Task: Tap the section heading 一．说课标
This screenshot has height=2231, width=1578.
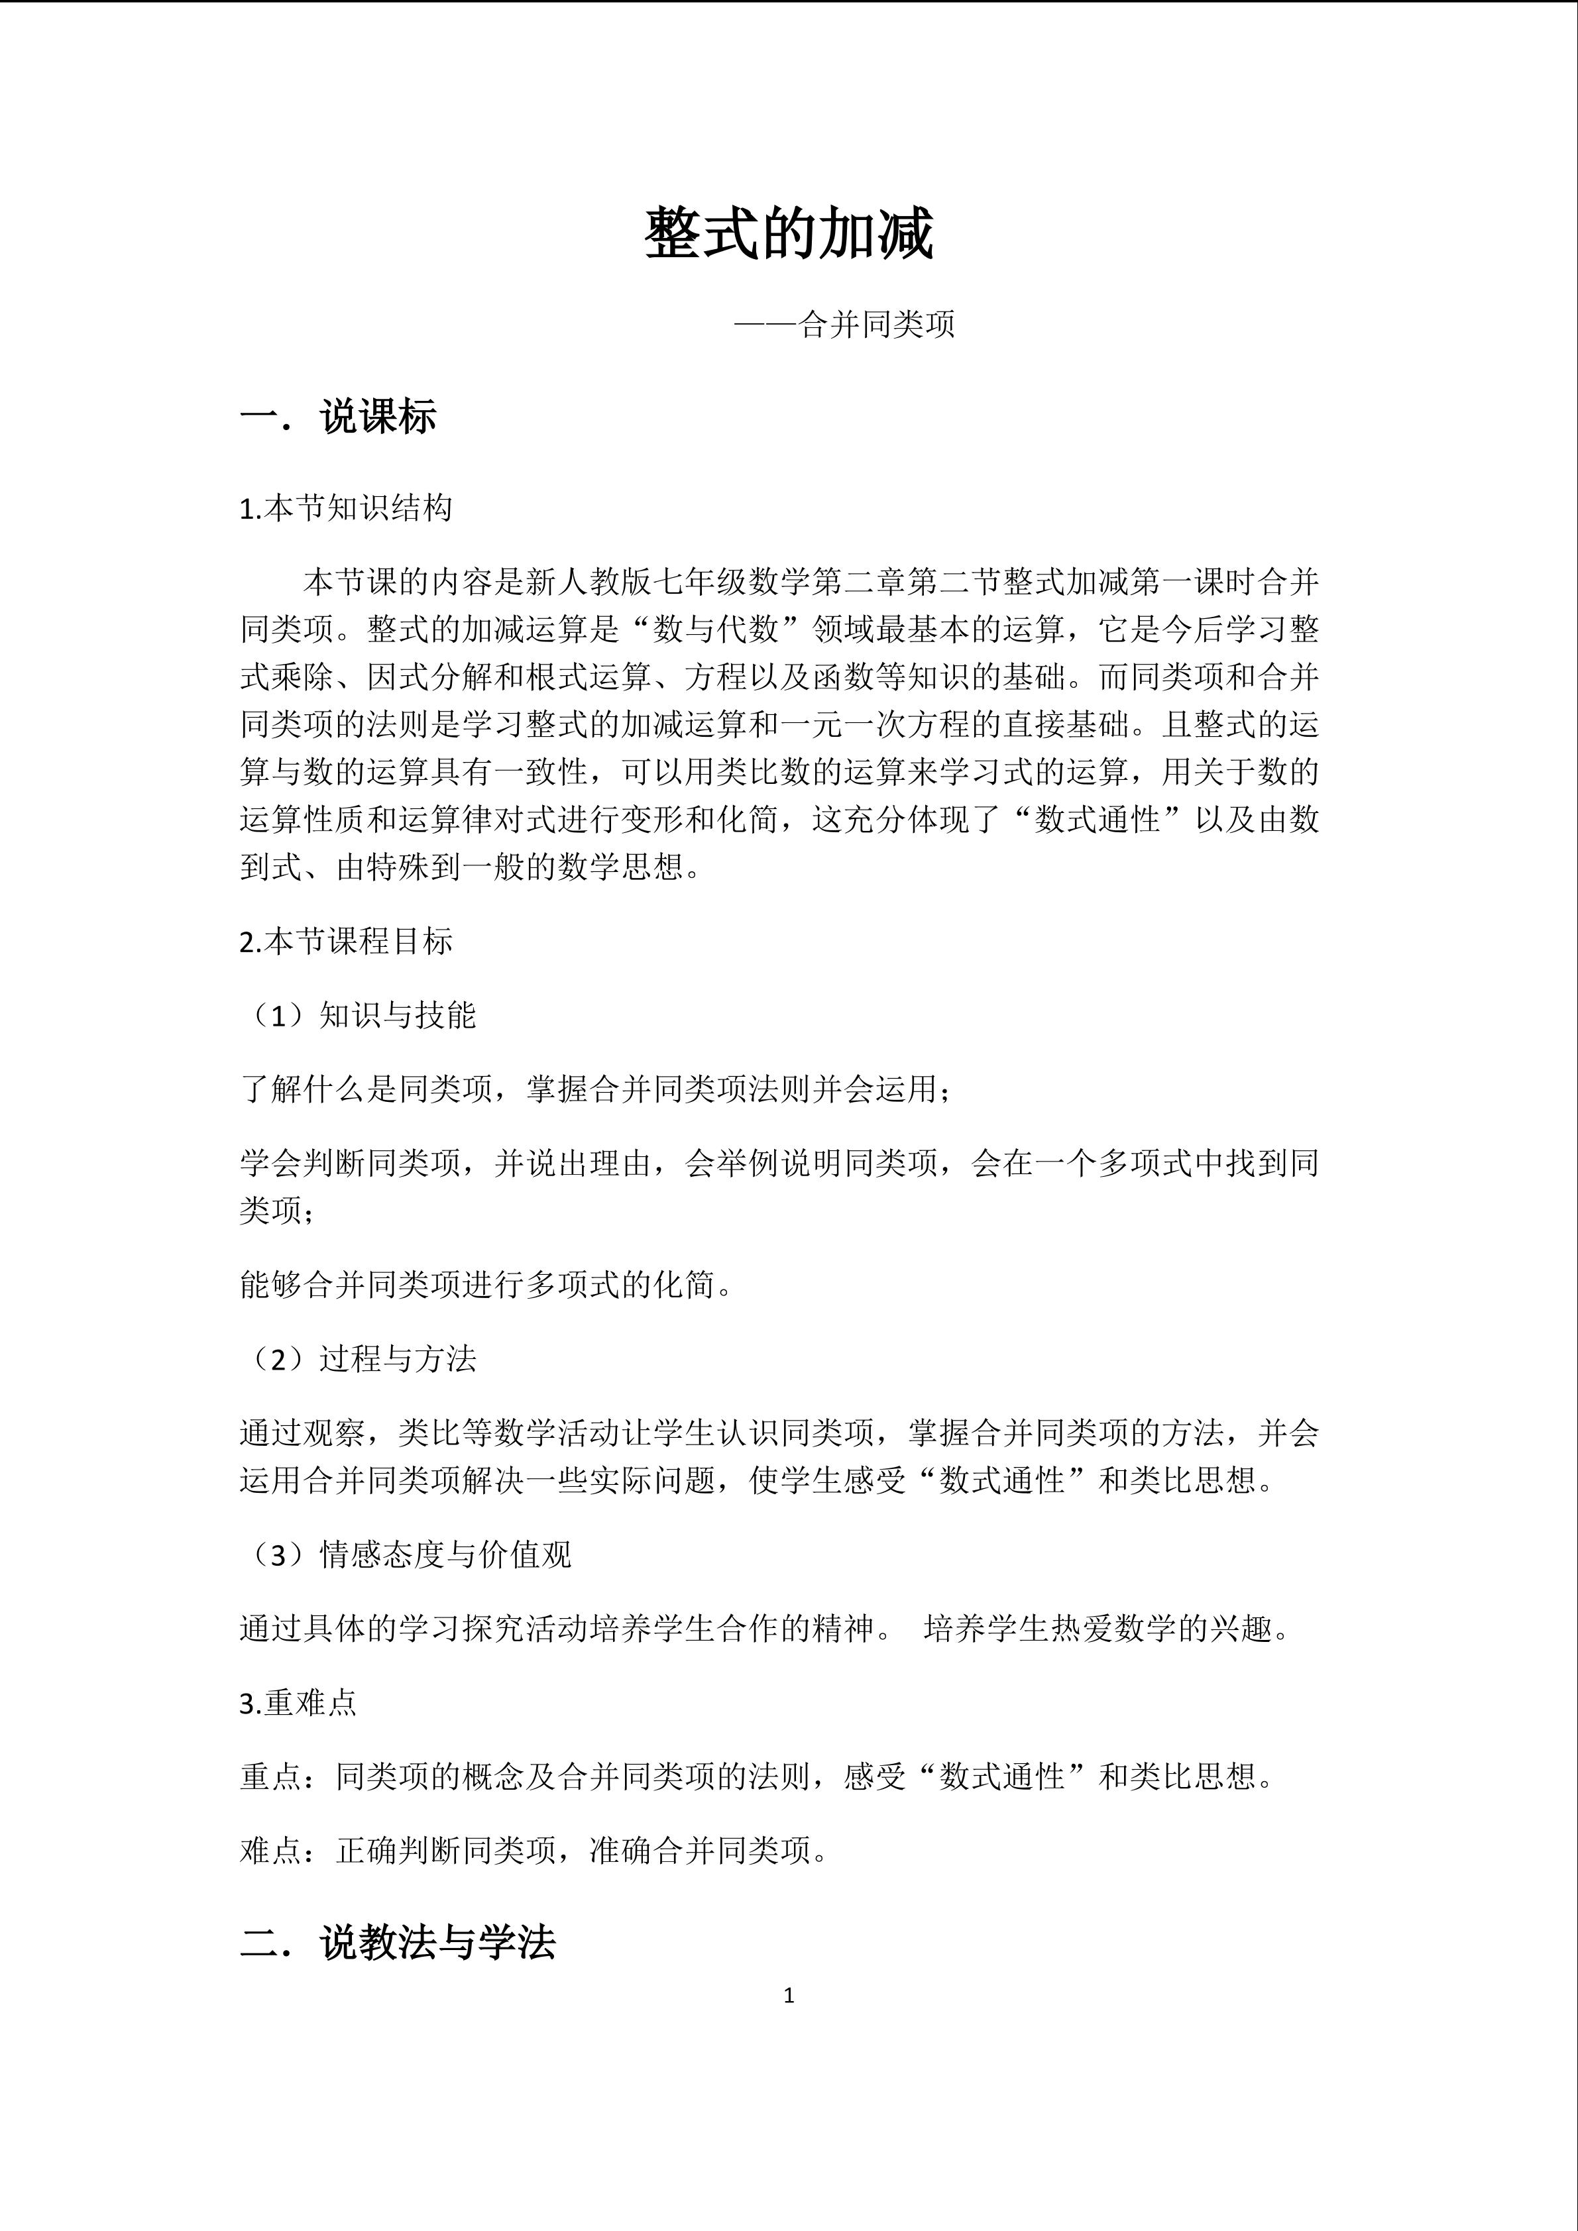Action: (338, 417)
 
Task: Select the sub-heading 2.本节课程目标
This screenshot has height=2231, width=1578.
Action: (346, 942)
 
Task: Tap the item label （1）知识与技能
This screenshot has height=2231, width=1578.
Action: (359, 1015)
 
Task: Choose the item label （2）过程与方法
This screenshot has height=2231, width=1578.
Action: (359, 1358)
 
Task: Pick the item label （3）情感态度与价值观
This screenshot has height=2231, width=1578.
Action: (406, 1554)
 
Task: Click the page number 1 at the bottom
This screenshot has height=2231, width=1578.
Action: (788, 1996)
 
